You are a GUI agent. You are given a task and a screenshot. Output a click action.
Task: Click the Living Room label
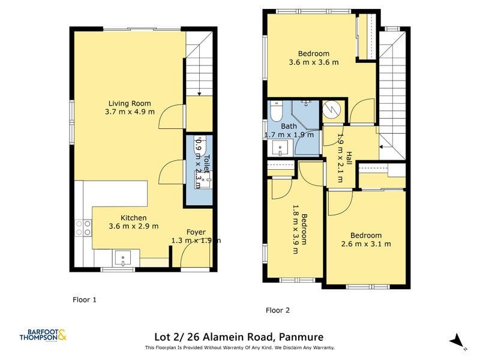[130, 103]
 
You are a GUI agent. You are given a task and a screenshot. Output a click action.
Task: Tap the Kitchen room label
[133, 218]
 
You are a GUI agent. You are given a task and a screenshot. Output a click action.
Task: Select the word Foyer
[196, 232]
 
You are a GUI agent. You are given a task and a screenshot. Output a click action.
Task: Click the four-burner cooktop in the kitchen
[83, 227]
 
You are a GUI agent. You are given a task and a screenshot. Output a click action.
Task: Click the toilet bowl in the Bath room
[276, 112]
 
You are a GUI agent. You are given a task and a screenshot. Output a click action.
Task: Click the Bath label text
[289, 127]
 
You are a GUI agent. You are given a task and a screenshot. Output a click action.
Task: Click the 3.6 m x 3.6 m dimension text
[313, 62]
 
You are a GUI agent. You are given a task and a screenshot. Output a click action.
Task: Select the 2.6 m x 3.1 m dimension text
[366, 244]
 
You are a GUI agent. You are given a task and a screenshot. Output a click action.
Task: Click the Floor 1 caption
[85, 299]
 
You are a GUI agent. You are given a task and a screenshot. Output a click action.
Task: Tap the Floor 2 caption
[278, 310]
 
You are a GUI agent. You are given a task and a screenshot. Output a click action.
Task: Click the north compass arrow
[457, 340]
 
